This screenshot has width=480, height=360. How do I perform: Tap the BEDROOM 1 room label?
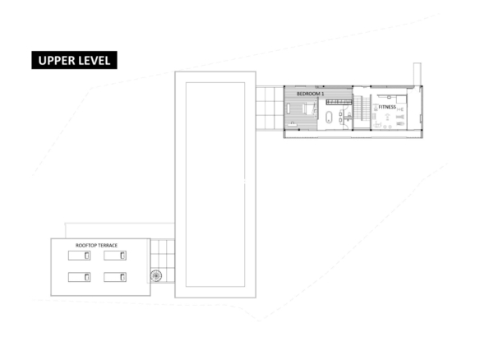click(310, 94)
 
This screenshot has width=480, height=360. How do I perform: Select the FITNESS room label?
click(387, 107)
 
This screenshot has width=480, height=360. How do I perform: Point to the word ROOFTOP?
click(85, 245)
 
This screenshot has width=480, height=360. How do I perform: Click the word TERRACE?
click(107, 245)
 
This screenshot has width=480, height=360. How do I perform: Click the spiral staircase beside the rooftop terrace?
click(156, 276)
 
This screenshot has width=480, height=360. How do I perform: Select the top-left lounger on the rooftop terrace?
click(79, 256)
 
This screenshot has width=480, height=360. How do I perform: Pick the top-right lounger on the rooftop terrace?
click(115, 256)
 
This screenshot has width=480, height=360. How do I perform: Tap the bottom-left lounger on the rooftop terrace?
click(79, 277)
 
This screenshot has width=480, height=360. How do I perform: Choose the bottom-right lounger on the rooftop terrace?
click(115, 277)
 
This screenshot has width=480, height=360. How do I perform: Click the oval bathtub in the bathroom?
click(329, 118)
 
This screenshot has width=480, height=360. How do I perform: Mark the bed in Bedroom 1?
click(310, 108)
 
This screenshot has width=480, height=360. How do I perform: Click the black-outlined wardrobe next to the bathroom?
click(339, 102)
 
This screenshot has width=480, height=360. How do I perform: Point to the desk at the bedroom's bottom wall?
click(293, 125)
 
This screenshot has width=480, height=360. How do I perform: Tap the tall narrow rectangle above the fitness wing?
click(418, 75)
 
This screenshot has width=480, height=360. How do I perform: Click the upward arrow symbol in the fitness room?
click(387, 117)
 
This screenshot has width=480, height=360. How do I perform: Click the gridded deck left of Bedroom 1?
click(270, 108)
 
